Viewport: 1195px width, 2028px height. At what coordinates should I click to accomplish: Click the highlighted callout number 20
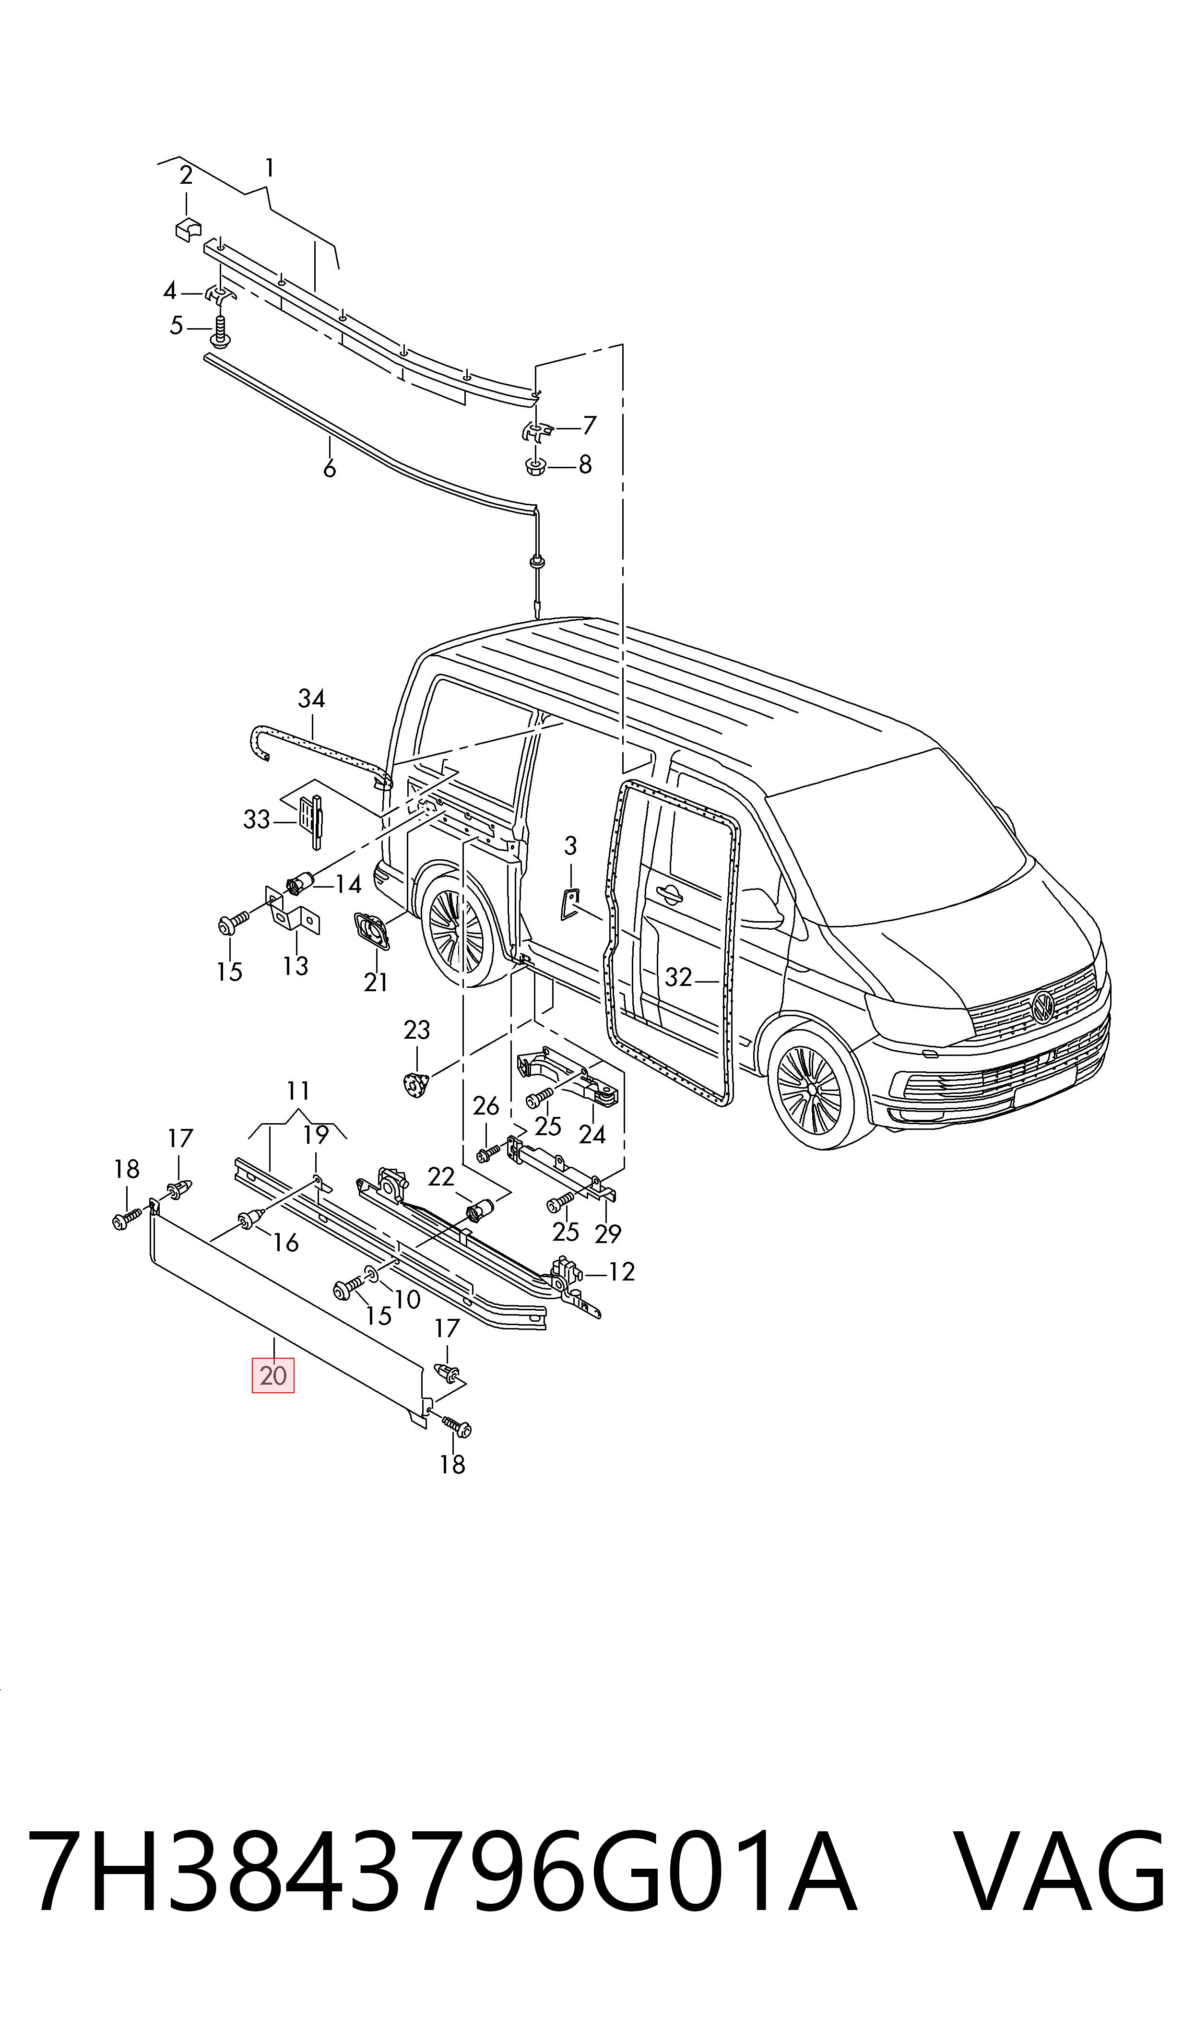[273, 1375]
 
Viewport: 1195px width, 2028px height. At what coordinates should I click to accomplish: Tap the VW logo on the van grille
[1043, 1007]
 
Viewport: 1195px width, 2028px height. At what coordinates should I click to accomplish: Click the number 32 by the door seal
[678, 976]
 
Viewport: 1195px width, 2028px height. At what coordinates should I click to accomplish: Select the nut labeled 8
[535, 465]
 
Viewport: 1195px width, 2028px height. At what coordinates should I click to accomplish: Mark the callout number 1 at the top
[269, 168]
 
